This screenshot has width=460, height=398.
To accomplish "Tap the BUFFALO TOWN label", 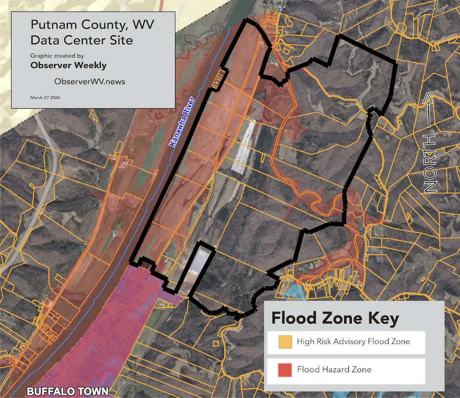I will [67, 391].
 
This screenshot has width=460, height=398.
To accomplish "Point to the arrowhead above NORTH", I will [429, 100].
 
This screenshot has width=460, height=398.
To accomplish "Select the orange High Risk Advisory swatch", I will [285, 342].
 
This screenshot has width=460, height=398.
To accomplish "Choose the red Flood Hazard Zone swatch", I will [285, 370].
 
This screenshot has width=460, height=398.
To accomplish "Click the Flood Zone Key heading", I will [335, 318].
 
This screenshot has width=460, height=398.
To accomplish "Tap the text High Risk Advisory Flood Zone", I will [353, 341].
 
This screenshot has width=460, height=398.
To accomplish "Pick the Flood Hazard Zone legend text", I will [334, 369].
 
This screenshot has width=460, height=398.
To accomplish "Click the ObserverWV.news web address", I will [90, 82].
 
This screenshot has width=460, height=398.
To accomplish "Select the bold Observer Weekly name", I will [68, 65].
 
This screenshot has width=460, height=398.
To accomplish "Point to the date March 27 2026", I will [45, 98].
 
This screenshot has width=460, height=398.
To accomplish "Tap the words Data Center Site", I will [82, 40].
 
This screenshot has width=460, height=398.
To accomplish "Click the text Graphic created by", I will [57, 56].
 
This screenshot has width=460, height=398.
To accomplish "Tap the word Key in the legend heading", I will [384, 318].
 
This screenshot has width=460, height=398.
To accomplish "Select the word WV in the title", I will [143, 25].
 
